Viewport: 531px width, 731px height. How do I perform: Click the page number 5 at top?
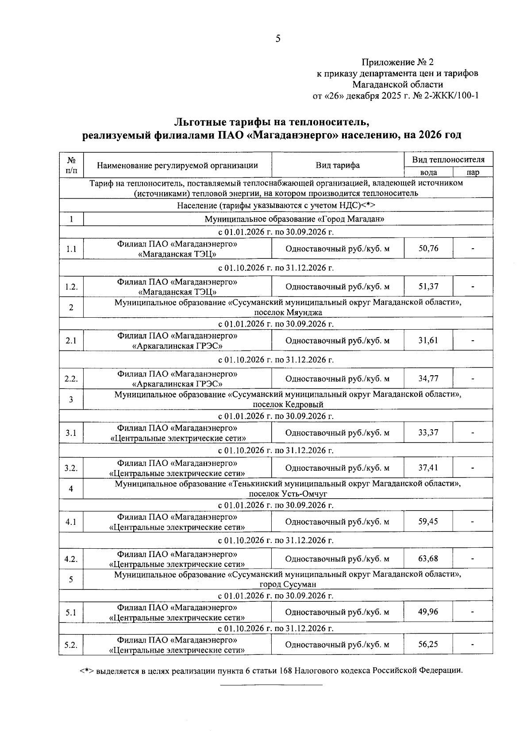tap(278, 38)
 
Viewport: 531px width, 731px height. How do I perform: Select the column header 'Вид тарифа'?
tap(337, 165)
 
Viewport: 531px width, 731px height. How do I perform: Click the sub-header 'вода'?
tap(428, 173)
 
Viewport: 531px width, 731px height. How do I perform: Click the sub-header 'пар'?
tap(473, 173)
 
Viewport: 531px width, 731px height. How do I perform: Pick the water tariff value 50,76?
tap(428, 249)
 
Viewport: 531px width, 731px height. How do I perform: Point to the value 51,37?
tap(428, 286)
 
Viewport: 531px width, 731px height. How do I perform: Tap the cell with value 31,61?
tap(428, 341)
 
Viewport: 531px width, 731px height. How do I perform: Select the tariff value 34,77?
tap(428, 379)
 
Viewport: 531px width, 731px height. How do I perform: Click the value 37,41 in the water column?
tap(428, 468)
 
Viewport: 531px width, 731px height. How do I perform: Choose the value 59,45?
tap(428, 522)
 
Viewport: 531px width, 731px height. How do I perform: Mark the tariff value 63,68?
tap(428, 558)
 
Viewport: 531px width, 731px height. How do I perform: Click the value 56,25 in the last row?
tap(428, 644)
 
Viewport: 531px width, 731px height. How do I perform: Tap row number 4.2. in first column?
tap(71, 559)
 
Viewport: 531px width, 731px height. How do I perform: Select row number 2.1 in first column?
tap(71, 341)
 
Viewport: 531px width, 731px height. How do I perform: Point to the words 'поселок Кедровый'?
tap(288, 404)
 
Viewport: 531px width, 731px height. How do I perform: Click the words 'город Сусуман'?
tap(288, 584)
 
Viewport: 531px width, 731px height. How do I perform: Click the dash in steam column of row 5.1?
tap(473, 613)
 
